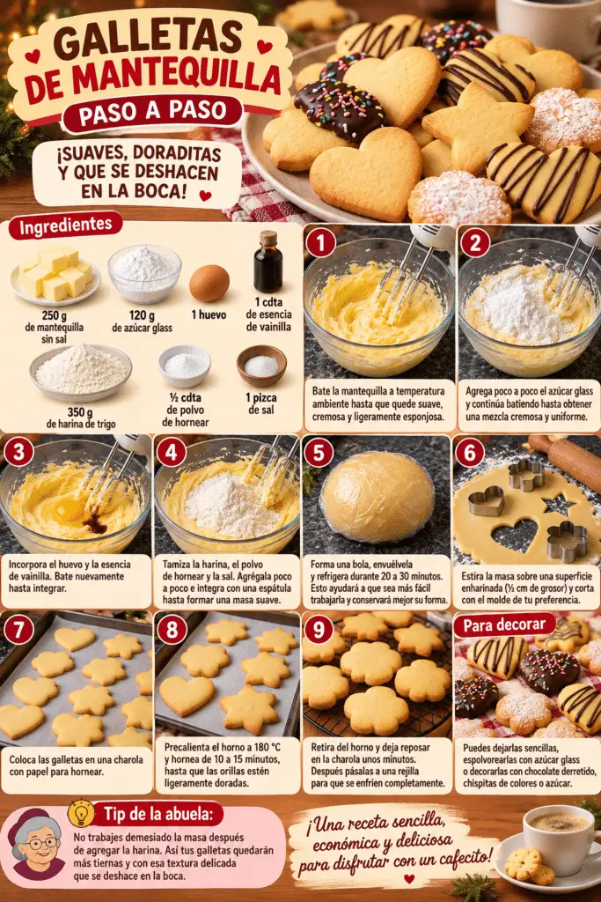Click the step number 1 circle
point(320,243)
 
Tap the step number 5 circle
point(319,453)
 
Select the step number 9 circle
point(319,630)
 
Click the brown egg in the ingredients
point(209,283)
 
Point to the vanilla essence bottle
point(268,262)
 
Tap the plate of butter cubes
point(55,276)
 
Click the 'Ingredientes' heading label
point(65,225)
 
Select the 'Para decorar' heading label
point(504,625)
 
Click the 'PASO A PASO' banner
point(153,112)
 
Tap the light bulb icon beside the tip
point(81,813)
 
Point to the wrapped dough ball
point(377,497)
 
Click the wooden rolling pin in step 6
point(566,461)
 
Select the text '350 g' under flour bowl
point(80,412)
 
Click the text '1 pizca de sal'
point(260,403)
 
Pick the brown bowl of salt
point(261,366)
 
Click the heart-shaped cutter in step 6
point(486,501)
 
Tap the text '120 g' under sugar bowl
point(142,316)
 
